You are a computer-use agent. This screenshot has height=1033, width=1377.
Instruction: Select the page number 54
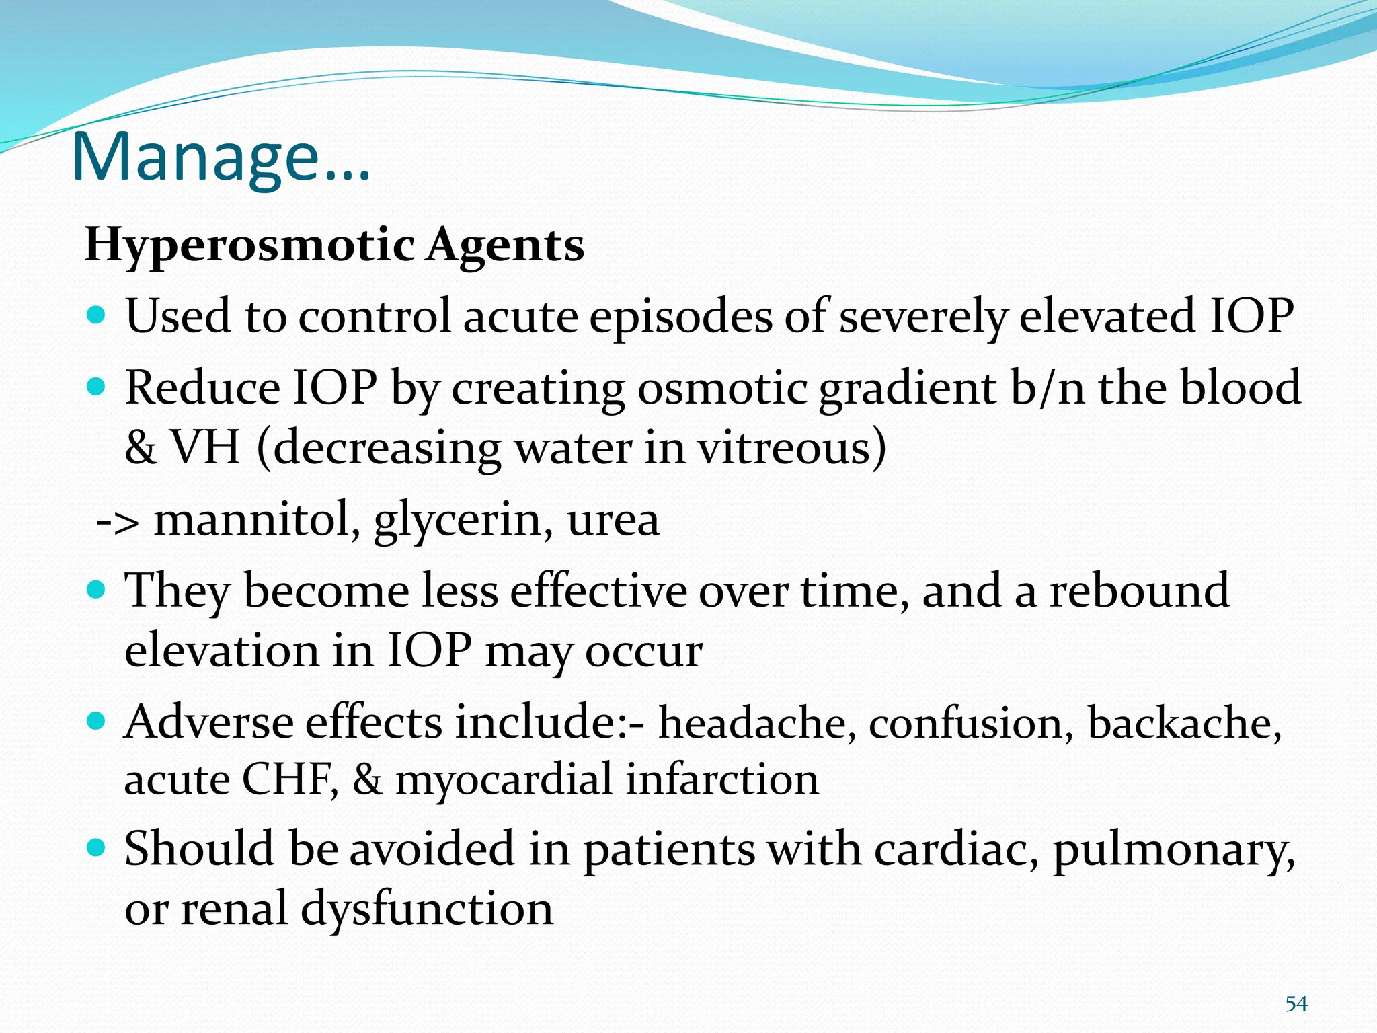(1296, 1004)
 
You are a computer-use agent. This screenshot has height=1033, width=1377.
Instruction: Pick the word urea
(613, 521)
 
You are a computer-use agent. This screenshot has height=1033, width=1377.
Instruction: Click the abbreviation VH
(205, 448)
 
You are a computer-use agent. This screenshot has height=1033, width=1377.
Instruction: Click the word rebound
(1140, 590)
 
